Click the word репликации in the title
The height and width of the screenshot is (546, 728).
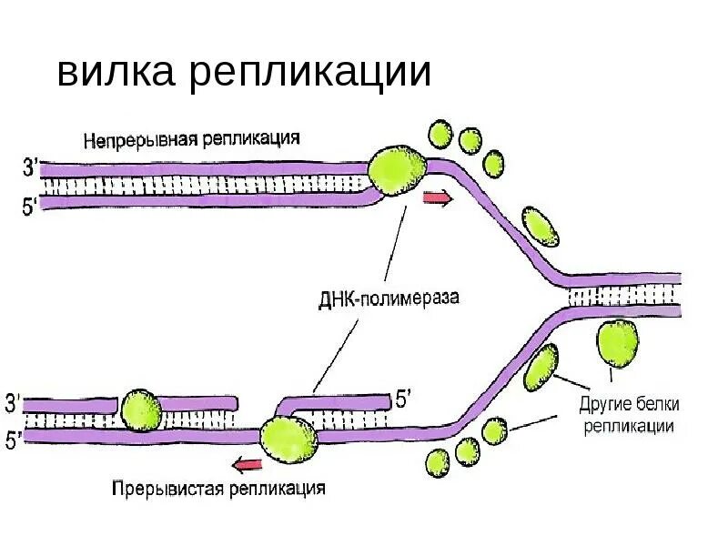(309, 73)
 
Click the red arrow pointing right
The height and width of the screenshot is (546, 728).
(438, 199)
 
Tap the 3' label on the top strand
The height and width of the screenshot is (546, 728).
(29, 167)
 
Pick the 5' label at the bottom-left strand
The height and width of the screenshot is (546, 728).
(14, 440)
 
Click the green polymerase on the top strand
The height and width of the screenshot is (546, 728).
(397, 171)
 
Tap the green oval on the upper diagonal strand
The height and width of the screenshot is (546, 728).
(540, 226)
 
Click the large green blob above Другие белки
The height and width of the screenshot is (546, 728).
(617, 344)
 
